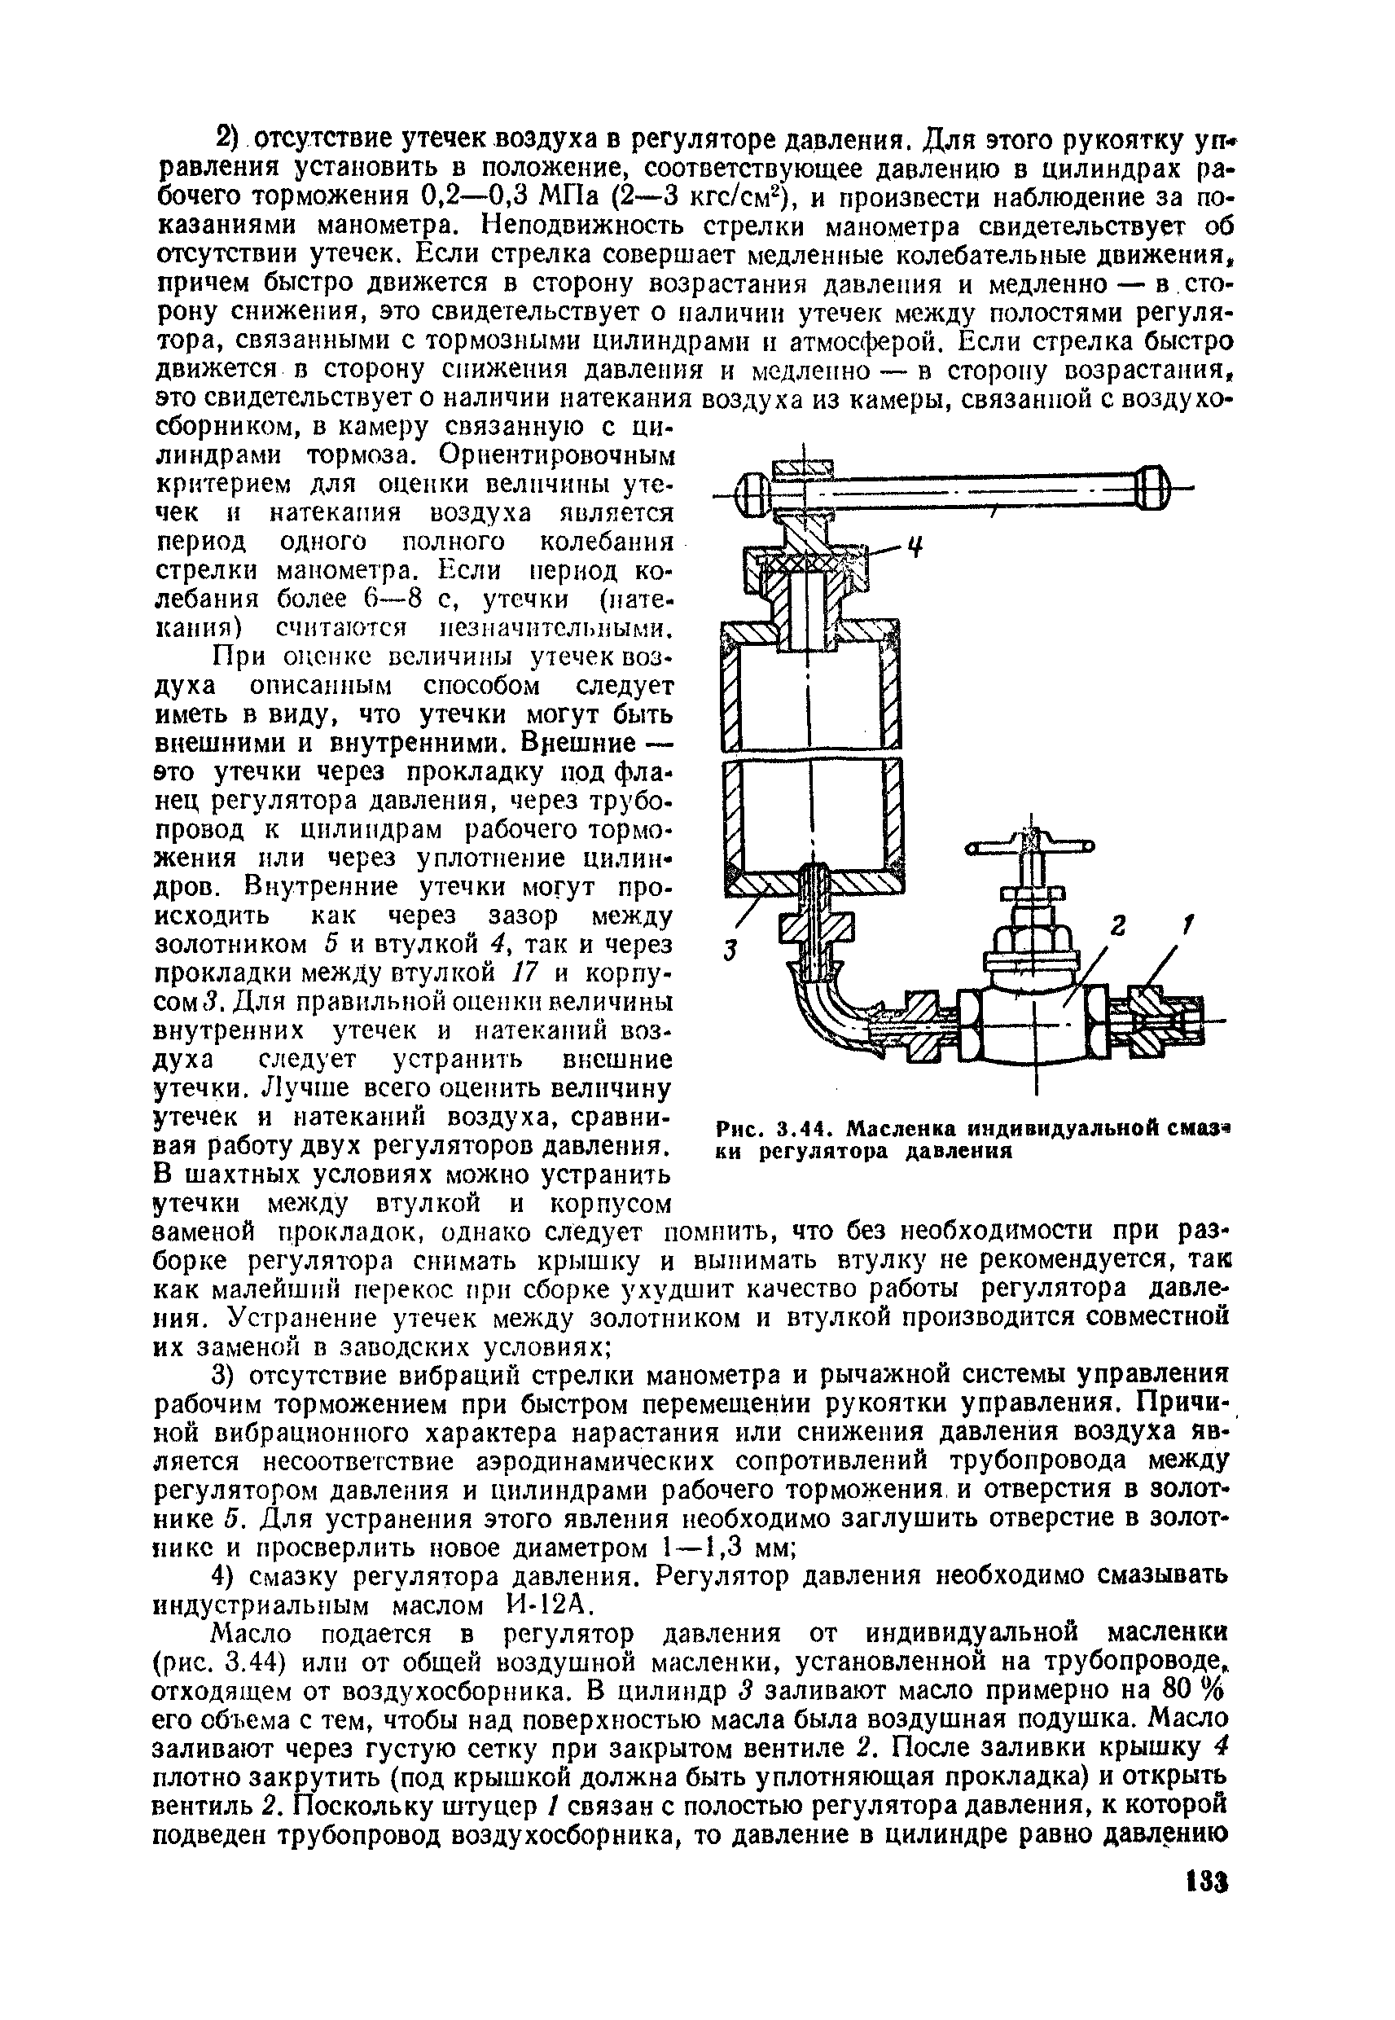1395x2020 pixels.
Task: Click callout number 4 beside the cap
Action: (x=915, y=550)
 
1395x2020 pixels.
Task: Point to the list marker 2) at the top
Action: (x=226, y=139)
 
